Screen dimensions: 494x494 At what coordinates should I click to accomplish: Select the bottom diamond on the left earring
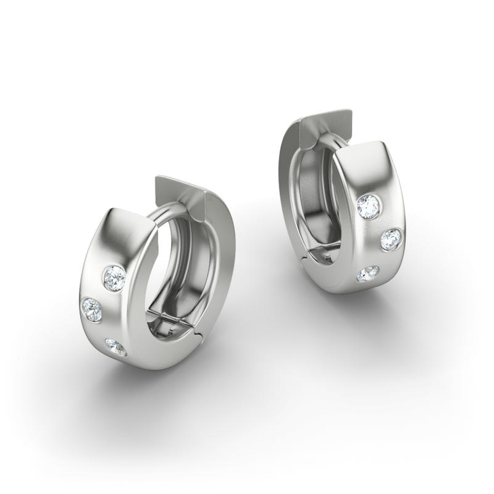pos(115,347)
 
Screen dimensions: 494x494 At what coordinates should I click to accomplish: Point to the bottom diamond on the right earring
pos(369,274)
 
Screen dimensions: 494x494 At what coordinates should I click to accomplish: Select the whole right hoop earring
pos(346,204)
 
